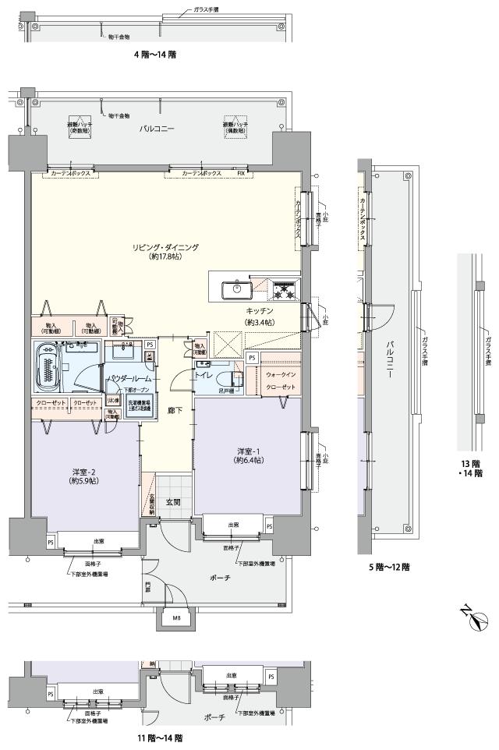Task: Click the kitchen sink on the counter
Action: tap(236, 290)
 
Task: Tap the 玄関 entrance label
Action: tap(172, 503)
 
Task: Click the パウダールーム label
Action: tap(131, 379)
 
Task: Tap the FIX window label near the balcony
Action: tap(241, 172)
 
